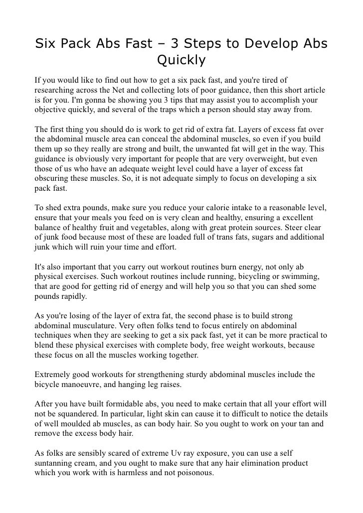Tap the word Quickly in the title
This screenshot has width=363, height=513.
(181, 61)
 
